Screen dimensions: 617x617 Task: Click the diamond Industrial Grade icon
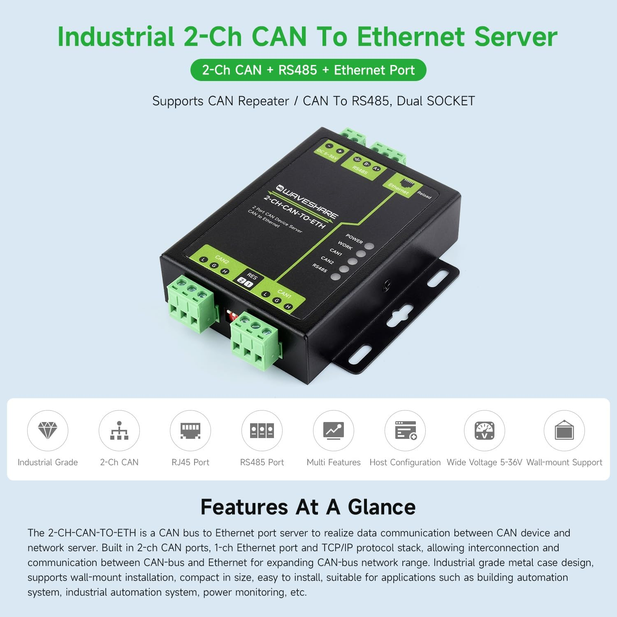(48, 430)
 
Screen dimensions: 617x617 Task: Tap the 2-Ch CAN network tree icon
(119, 430)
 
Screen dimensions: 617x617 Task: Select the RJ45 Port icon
(190, 430)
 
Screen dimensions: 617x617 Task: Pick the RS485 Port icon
(262, 430)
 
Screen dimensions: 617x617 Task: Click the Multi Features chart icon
(334, 430)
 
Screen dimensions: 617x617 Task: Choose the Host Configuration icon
(405, 430)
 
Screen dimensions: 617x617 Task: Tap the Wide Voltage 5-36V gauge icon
(485, 430)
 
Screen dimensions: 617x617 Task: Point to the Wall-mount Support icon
(564, 430)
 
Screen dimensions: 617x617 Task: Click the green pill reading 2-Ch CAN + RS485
(308, 70)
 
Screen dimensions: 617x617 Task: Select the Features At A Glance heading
(308, 507)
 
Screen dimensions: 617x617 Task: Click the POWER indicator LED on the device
(369, 246)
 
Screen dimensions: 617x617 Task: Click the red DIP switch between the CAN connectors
(232, 316)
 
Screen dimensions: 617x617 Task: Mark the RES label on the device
(252, 276)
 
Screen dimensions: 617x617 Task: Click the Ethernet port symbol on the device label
(408, 184)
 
